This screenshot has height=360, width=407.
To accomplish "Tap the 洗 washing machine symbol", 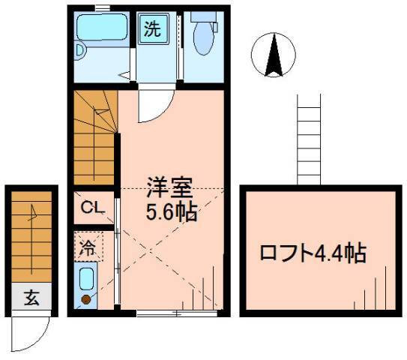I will coord(153,31).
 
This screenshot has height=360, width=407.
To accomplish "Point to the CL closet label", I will coord(93,208).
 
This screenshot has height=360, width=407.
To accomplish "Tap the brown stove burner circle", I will coord(85,299).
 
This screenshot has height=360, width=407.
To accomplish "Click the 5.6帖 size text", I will coord(171,212).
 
